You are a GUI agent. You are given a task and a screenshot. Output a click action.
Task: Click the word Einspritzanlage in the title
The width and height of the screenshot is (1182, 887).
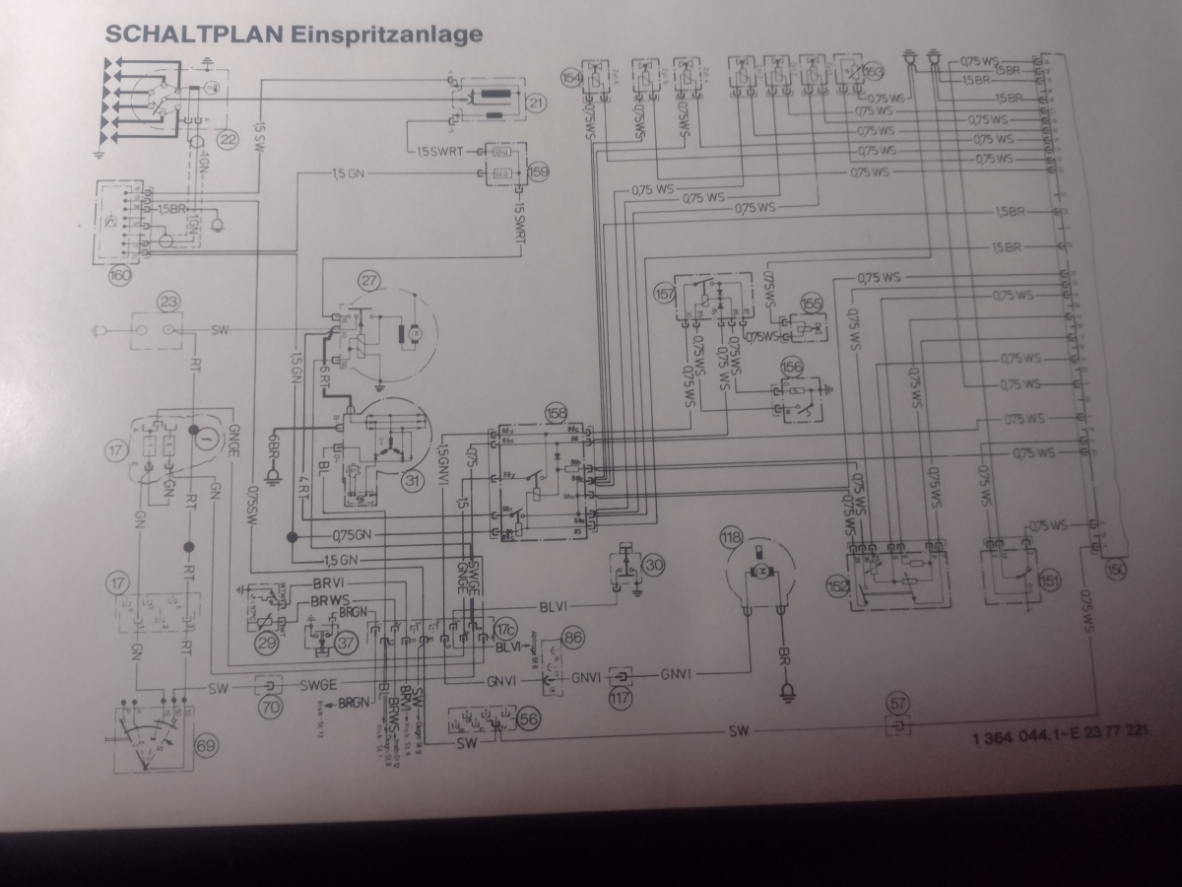tap(385, 34)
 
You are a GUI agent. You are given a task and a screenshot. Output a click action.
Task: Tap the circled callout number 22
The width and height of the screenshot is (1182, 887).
tap(229, 139)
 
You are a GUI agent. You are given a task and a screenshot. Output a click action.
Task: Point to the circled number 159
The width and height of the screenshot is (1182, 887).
tap(538, 170)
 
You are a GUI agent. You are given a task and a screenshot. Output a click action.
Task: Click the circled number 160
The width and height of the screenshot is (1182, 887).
tap(120, 277)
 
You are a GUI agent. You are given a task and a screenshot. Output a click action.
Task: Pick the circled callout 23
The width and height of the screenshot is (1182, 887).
tap(169, 305)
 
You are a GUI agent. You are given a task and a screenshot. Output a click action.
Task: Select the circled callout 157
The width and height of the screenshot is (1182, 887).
tap(665, 293)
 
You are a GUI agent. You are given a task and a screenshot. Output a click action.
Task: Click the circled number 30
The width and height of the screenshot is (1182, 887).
tap(654, 565)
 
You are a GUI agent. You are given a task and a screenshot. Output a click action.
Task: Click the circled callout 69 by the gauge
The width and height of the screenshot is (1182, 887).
tap(205, 744)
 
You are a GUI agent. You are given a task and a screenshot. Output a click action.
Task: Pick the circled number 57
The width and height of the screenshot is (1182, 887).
tap(897, 703)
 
